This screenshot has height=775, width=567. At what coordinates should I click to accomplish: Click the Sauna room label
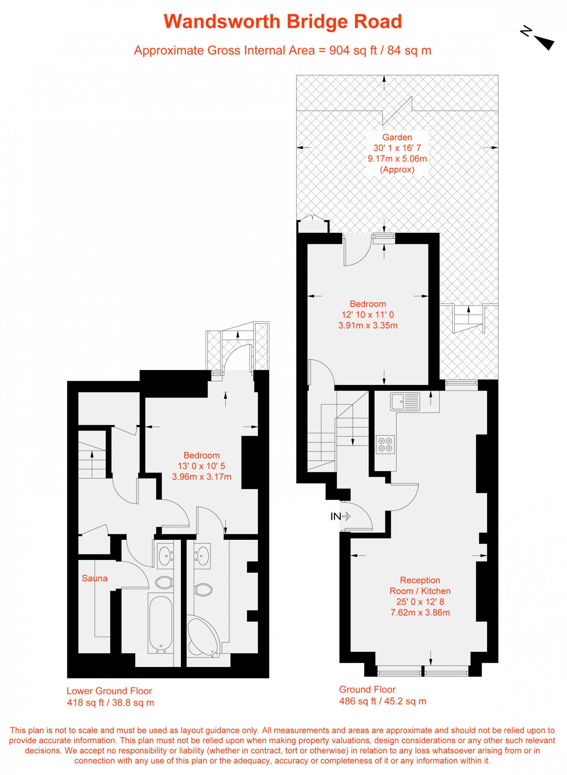pos(94,578)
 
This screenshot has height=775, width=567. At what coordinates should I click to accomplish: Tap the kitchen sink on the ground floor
pos(405,402)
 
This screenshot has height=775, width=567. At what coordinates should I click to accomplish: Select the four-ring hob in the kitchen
pos(385,445)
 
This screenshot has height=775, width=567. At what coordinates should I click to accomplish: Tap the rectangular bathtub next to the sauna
pos(161,624)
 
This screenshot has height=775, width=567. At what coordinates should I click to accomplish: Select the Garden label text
pos(397,137)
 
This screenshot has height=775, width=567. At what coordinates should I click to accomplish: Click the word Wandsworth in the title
pos(222,22)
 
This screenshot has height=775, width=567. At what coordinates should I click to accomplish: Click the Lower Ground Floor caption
pos(109,691)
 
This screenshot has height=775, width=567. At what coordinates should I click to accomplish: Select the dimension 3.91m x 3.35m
pos(368,325)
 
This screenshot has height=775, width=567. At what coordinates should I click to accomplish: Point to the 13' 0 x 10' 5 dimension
pos(201,466)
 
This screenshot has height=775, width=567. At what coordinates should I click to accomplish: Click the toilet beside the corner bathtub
pos(203,590)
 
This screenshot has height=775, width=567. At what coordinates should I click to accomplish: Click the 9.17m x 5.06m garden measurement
pos(397,159)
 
